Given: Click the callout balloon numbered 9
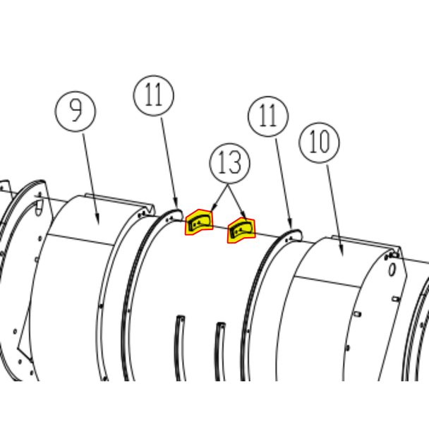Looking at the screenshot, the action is tap(75, 111).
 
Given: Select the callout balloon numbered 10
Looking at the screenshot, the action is tap(320, 143).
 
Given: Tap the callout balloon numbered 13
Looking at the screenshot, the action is tap(230, 163).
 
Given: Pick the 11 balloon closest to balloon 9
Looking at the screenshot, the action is tap(154, 95).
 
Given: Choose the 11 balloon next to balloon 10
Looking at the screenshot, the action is tap(268, 116).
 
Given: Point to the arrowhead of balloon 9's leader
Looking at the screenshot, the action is tap(97, 221).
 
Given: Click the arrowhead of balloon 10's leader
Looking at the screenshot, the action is tap(342, 252).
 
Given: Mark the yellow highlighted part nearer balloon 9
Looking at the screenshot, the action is tap(199, 222).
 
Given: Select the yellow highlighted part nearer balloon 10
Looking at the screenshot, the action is tap(241, 230).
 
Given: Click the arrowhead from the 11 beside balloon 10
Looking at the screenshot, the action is tap(291, 224).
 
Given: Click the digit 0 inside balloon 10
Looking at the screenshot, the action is tap(325, 142).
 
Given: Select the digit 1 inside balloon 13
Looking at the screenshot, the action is tap(223, 163).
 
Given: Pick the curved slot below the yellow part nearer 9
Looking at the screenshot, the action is tap(179, 347).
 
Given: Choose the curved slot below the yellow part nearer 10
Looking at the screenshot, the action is tap(220, 351).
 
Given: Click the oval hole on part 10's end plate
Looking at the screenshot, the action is tap(392, 270).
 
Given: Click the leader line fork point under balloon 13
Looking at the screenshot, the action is tap(228, 186).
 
